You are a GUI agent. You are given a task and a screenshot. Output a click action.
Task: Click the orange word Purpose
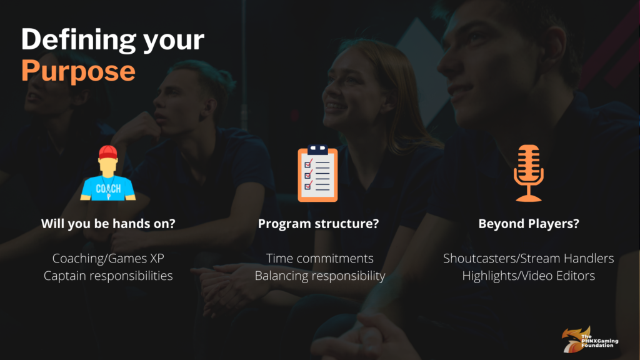(78, 71)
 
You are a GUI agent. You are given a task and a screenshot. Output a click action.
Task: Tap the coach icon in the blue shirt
(108, 173)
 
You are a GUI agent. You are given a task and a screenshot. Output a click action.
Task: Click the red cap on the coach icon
(108, 152)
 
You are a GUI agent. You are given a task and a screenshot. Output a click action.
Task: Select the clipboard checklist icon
(318, 173)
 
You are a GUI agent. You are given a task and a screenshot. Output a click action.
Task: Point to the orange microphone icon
(529, 173)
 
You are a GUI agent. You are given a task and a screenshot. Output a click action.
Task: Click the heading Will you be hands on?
(108, 224)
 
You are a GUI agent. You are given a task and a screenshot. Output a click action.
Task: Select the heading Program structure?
(318, 224)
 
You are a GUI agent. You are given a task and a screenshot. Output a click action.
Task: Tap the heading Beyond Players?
(529, 224)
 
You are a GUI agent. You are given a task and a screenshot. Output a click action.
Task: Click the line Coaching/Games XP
(108, 258)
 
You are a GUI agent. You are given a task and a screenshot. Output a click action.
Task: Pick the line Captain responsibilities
(108, 276)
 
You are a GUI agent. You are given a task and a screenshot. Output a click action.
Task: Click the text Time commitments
(319, 258)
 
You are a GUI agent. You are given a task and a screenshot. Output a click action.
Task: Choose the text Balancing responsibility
(320, 276)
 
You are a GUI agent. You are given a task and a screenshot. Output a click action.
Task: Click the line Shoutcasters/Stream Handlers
(529, 258)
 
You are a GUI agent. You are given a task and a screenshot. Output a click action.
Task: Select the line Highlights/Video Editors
(529, 276)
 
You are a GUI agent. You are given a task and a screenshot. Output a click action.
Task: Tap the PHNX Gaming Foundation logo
(590, 339)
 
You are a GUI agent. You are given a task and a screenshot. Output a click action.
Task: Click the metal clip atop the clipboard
(318, 149)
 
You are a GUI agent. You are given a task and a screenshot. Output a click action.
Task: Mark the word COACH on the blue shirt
(108, 189)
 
